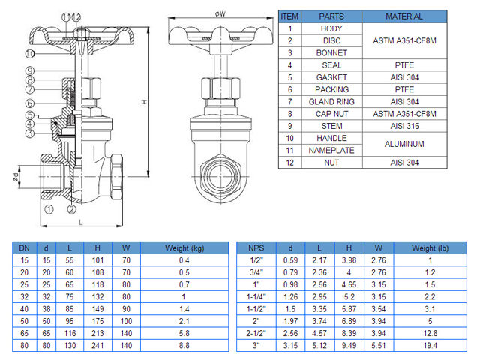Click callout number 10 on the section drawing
30,54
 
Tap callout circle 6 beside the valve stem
30,103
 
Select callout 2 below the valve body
72,209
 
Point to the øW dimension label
220,14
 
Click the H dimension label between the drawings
144,102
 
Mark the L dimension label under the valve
81,222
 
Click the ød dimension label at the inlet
15,177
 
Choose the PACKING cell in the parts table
331,89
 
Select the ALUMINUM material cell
404,144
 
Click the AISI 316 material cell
404,126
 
